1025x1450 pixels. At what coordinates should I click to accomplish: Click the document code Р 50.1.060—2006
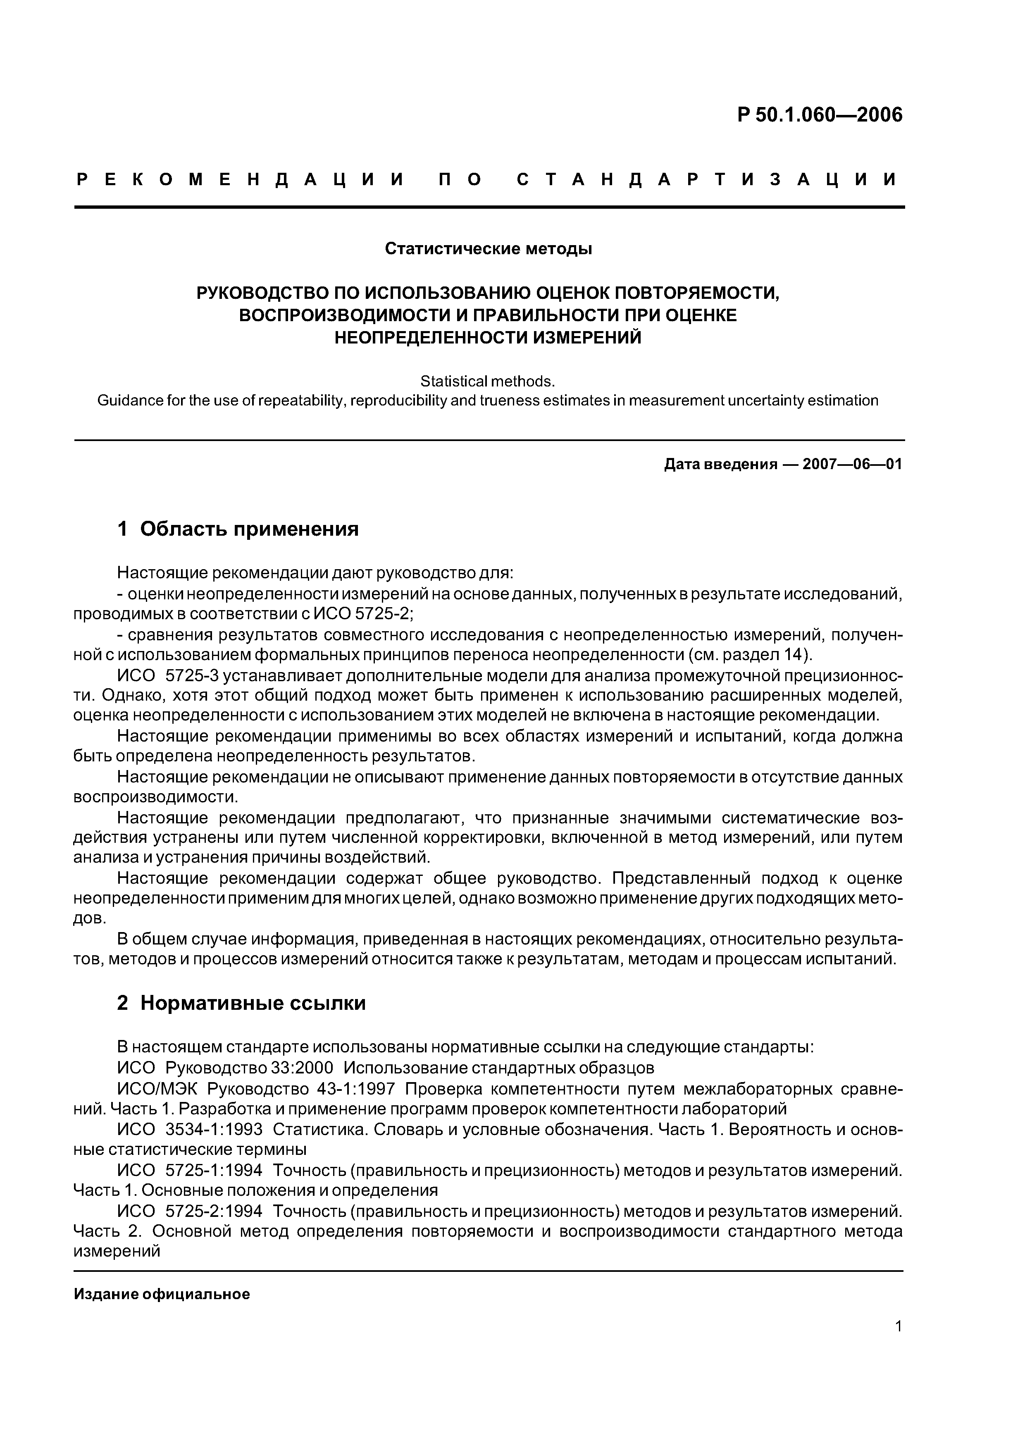click(820, 115)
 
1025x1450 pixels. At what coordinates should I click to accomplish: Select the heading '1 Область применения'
click(238, 529)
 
